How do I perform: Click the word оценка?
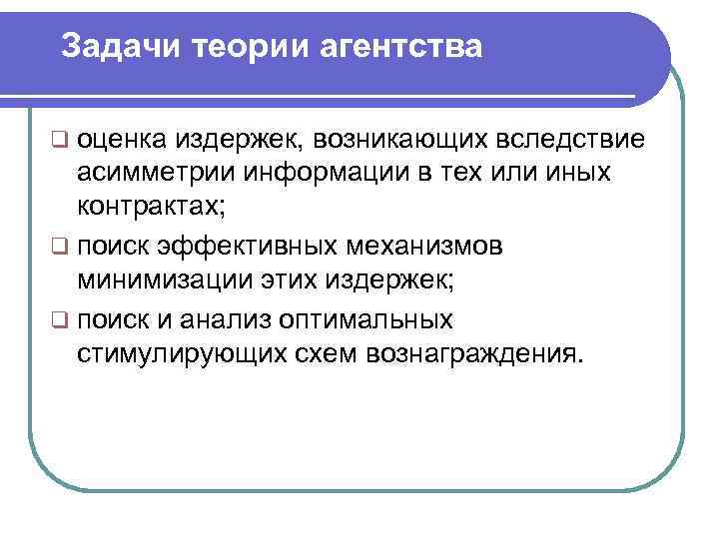pos(124,137)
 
